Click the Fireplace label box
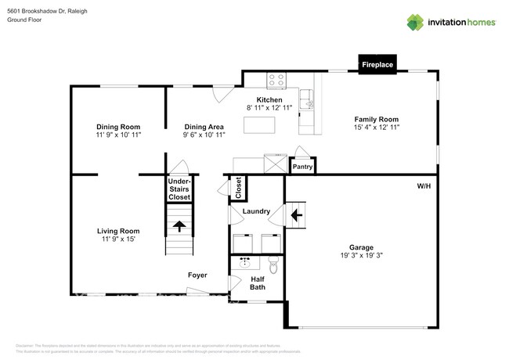[377, 65]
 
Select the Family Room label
[377, 119]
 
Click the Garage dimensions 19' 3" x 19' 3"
[361, 254]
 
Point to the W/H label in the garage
[424, 185]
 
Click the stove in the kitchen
[276, 79]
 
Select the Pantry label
[302, 167]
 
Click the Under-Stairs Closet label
[179, 189]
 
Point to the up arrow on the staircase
[179, 226]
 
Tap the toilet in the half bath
[273, 262]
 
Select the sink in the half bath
[244, 262]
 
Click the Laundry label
[256, 211]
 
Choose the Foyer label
[197, 275]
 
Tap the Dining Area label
[204, 127]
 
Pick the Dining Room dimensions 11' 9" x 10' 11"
[117, 135]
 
